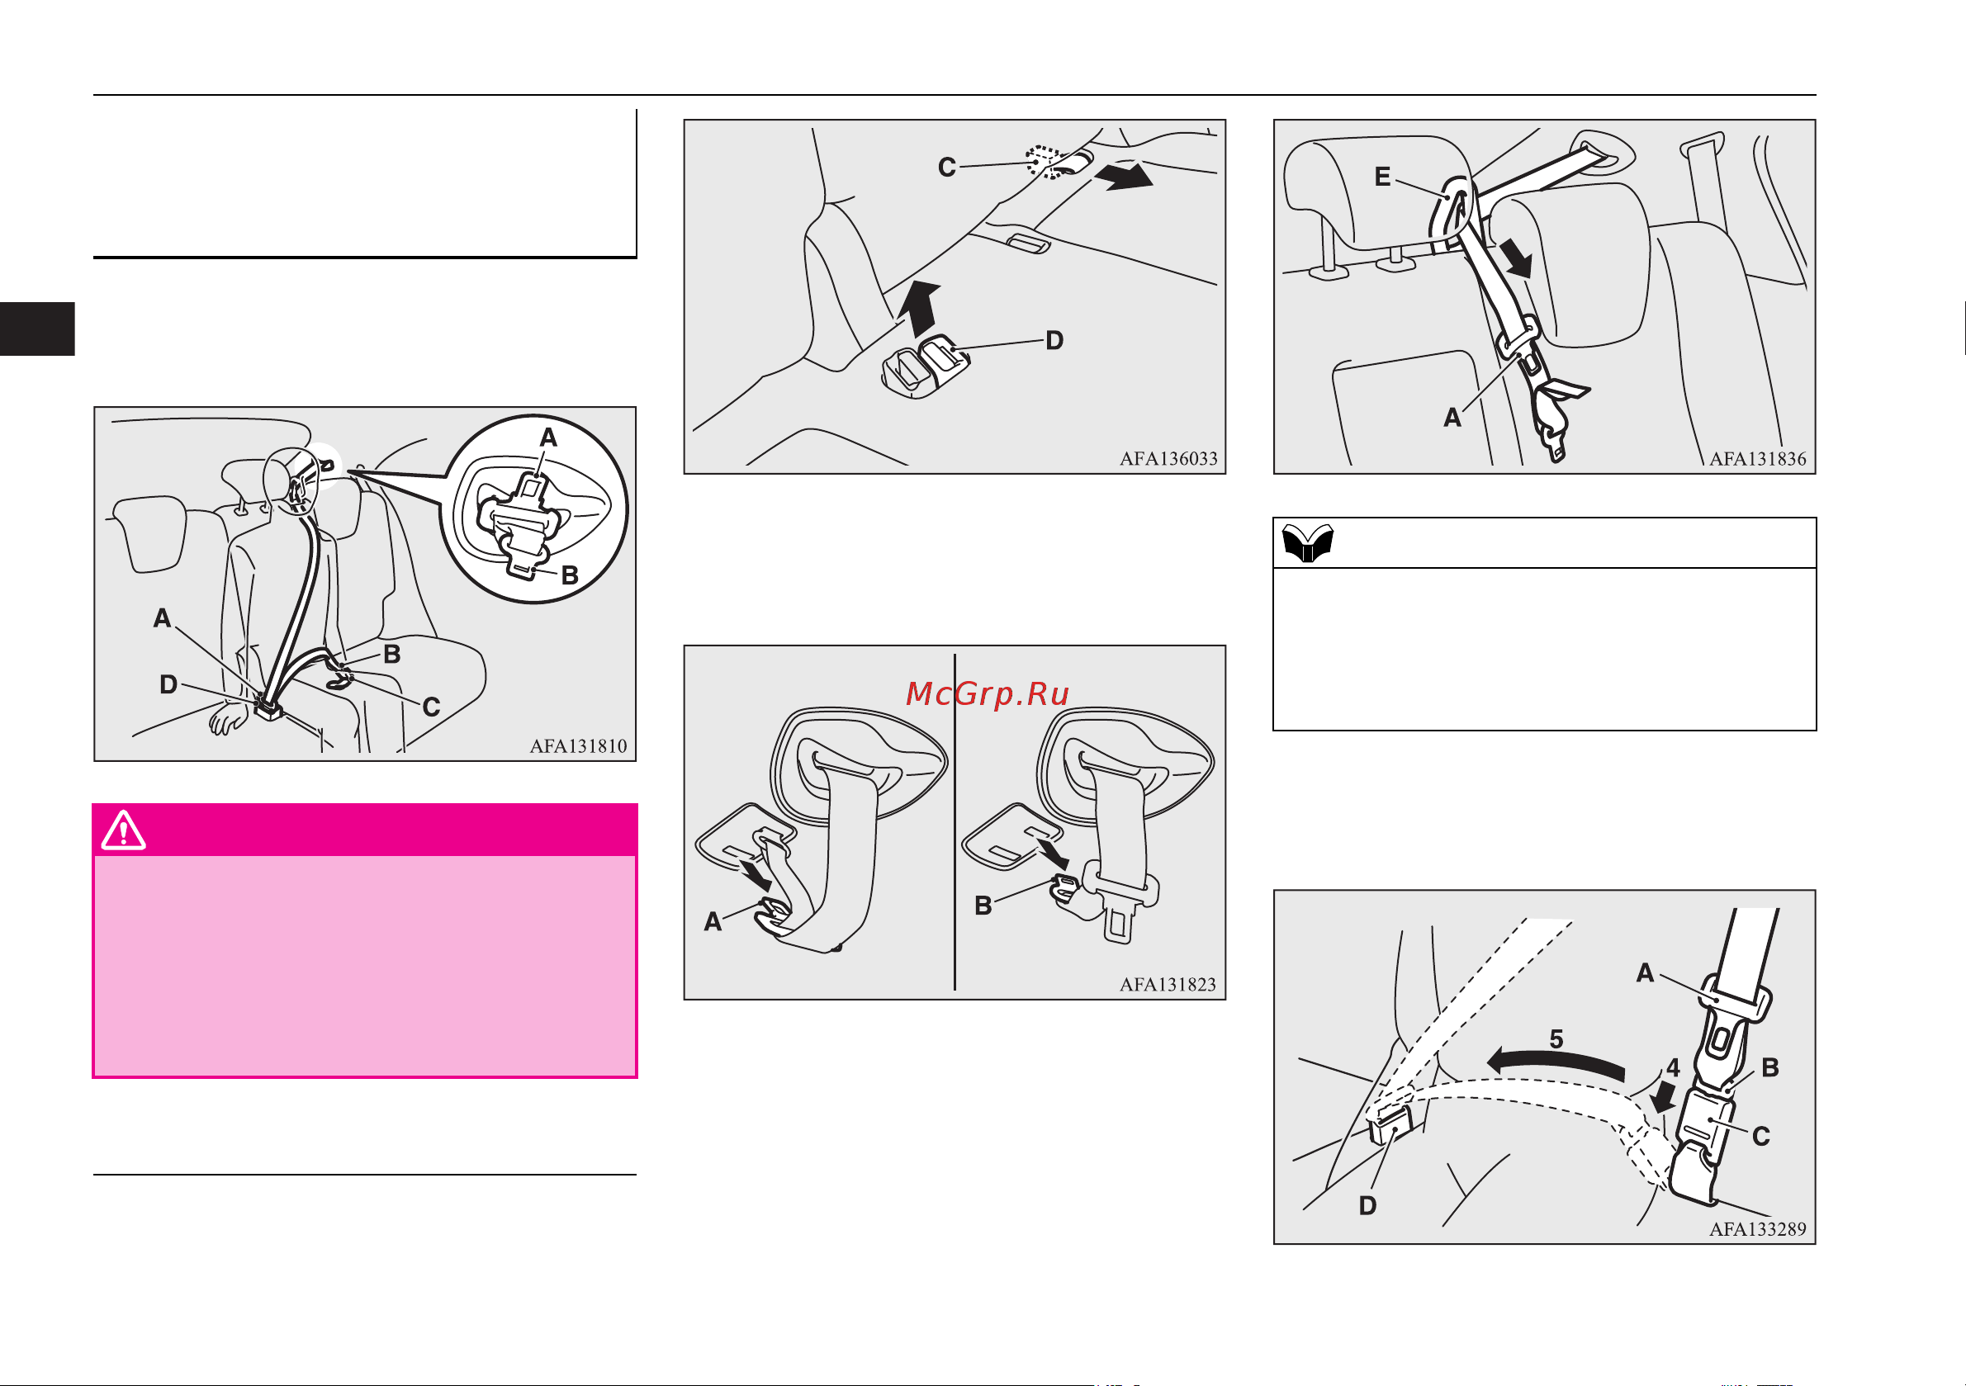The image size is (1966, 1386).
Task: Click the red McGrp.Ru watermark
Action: coord(988,693)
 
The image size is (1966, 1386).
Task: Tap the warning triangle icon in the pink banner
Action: coord(123,830)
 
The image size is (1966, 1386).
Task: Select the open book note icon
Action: coord(1308,542)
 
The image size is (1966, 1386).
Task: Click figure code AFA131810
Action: coord(578,745)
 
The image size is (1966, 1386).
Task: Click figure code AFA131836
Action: coord(1757,459)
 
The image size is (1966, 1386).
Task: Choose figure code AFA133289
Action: coord(1757,1228)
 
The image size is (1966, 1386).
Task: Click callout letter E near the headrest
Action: coord(1382,177)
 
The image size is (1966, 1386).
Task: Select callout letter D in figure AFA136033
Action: coord(1055,341)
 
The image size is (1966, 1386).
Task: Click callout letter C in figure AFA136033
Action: coord(946,167)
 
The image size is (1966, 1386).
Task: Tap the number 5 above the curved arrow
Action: coord(1556,1038)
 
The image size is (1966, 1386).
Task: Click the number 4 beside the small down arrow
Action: coord(1673,1067)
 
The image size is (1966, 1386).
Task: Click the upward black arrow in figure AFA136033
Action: coord(922,309)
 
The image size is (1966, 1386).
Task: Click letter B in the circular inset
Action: coord(570,575)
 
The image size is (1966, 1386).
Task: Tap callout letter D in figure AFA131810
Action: coord(168,684)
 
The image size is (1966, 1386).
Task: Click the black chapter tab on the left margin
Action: coord(37,329)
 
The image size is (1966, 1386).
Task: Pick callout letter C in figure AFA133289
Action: coord(1761,1136)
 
